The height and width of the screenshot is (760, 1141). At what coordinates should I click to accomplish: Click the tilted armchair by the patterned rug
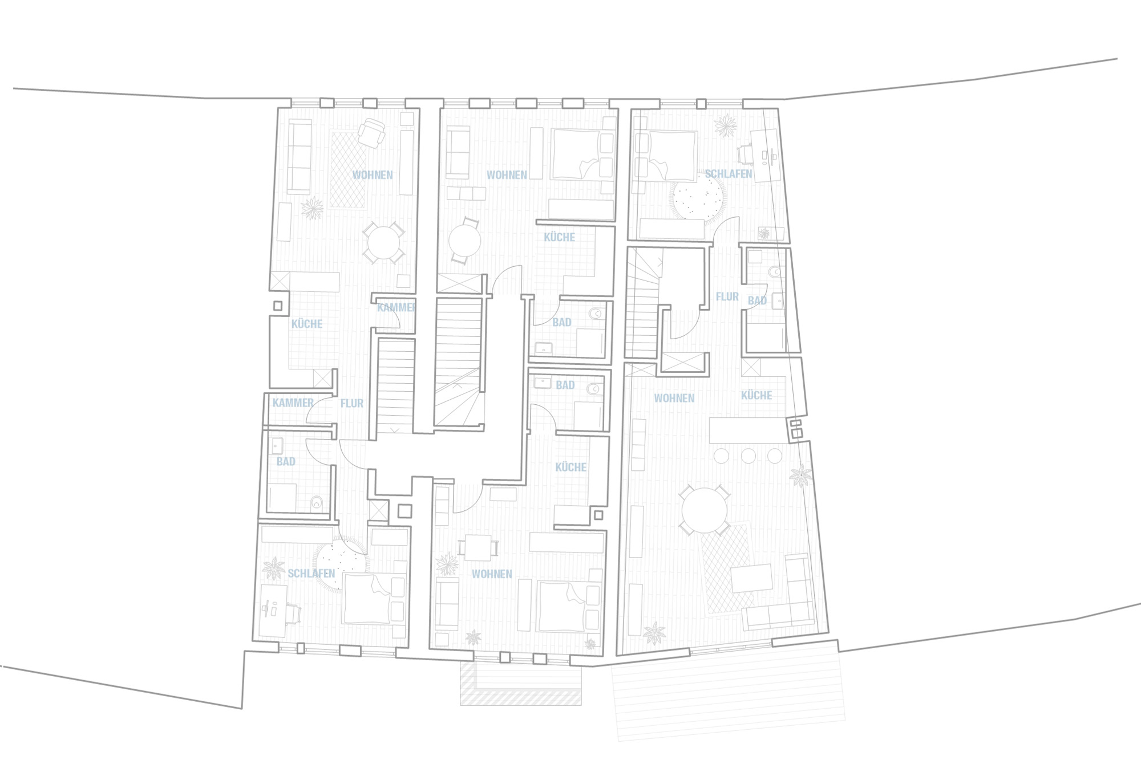[371, 133]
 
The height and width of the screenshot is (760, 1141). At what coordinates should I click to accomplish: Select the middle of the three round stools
[748, 456]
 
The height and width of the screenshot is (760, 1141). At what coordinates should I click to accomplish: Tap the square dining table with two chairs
[478, 547]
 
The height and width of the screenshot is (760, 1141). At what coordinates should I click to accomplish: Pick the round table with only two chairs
[464, 241]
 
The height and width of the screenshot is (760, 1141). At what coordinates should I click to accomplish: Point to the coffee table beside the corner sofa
[751, 578]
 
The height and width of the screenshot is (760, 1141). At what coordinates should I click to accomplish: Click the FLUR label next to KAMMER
[351, 404]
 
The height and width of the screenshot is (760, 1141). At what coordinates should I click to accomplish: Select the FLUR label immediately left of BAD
[727, 297]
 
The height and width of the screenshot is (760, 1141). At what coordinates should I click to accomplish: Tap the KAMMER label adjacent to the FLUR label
[293, 403]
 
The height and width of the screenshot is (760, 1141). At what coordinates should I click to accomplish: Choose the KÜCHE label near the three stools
[756, 396]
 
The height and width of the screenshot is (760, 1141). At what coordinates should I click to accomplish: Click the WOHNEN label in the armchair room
[372, 175]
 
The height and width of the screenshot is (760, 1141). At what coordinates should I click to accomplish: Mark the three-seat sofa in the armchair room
[299, 157]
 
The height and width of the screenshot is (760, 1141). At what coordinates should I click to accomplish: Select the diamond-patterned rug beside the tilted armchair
[347, 170]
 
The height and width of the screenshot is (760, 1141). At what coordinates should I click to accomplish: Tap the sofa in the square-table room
[447, 603]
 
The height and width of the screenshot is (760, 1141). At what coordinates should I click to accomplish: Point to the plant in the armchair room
[312, 208]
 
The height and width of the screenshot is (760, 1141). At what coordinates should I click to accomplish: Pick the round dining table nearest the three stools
[704, 511]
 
